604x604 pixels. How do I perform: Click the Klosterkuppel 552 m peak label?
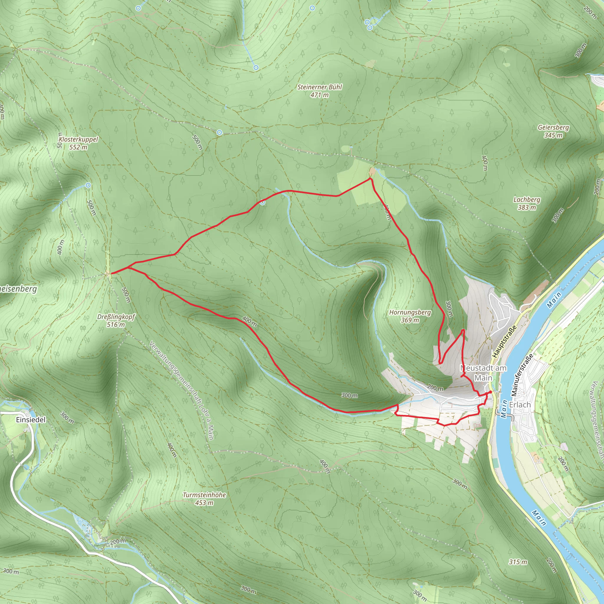coord(78,143)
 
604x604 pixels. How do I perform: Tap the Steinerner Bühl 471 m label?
coord(319,91)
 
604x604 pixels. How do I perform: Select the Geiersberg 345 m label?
coord(553,131)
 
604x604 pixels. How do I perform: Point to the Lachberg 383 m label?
coord(527,203)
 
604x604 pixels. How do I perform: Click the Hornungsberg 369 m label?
coord(410,316)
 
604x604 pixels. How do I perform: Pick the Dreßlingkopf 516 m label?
coord(116,321)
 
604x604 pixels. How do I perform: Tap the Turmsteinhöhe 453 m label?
coord(204,499)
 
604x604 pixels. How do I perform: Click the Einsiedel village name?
coord(31,420)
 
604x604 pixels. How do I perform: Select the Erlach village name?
coord(520,405)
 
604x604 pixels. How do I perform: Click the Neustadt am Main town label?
coord(483,373)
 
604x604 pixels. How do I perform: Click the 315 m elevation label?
coord(518,562)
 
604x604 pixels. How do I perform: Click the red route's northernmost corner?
coord(370,178)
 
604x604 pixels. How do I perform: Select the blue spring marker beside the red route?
coord(262,203)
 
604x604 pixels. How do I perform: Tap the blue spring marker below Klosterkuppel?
coord(88,186)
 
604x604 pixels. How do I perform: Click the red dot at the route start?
coord(490,392)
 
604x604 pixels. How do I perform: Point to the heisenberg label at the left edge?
coord(18,289)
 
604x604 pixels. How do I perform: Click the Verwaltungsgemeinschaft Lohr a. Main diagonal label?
coord(181,391)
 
